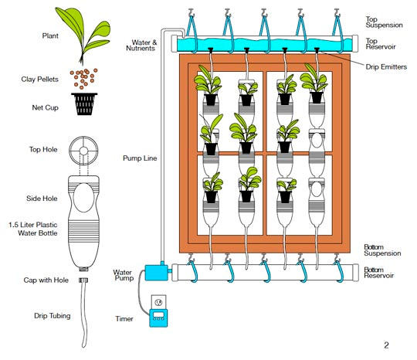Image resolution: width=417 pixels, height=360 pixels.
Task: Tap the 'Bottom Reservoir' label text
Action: click(380, 273)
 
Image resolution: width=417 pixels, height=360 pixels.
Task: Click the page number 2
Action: click(386, 344)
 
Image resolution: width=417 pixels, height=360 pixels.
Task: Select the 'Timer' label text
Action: click(124, 318)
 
